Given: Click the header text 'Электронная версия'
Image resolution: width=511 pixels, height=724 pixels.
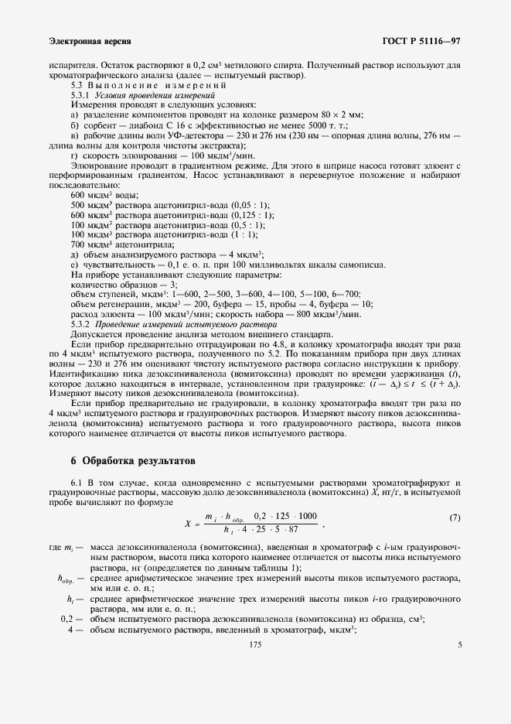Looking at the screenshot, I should click(89, 40).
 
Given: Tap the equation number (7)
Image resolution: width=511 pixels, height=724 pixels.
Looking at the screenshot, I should click(455, 517).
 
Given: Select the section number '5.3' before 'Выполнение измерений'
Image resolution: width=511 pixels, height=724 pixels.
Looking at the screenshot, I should click(77, 85).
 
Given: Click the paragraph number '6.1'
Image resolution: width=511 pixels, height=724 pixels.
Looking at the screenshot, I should click(78, 483).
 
